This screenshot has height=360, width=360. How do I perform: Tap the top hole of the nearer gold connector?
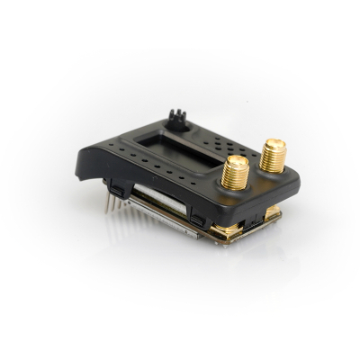click(x=237, y=163)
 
